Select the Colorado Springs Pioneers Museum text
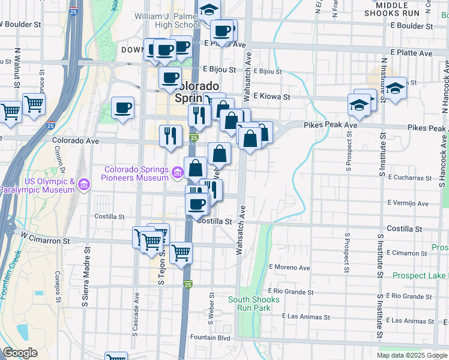[x=136, y=173]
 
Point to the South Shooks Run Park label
[x=255, y=304]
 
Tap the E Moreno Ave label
[x=290, y=267]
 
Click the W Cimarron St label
[x=45, y=239]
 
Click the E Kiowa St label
[x=271, y=97]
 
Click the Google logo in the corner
[x=20, y=352]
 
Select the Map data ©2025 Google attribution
[x=412, y=355]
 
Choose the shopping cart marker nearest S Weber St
[x=180, y=253]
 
